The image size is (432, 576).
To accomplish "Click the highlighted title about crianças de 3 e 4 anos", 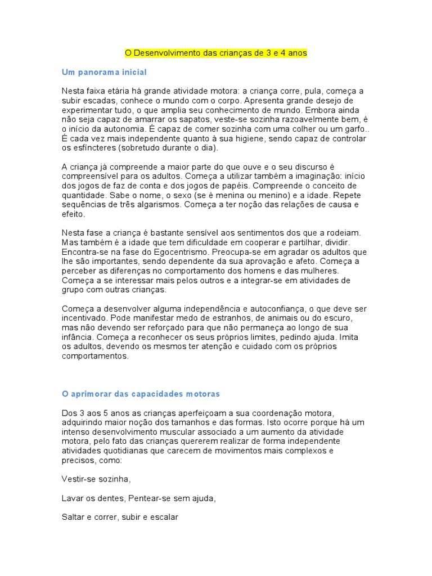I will [x=216, y=53].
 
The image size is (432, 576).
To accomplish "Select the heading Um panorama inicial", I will [x=104, y=72].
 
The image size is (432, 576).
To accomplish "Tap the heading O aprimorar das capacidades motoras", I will [x=141, y=393].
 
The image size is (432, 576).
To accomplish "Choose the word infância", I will [x=78, y=337].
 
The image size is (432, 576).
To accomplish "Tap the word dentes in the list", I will [x=112, y=498].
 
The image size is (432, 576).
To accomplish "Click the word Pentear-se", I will [x=151, y=498].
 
